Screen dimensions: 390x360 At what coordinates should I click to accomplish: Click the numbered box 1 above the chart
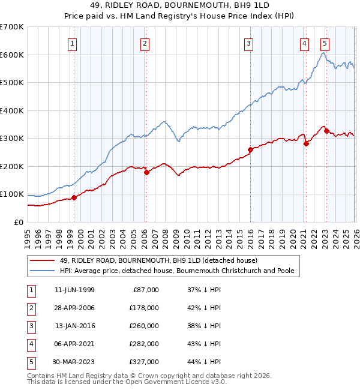[x=72, y=43]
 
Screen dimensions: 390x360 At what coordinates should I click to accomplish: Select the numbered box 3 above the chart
[x=248, y=43]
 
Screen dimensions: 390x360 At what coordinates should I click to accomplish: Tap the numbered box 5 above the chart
[x=325, y=43]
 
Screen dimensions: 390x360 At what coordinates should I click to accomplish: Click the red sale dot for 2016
[x=250, y=150]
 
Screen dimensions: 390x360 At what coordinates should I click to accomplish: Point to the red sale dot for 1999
[x=74, y=197]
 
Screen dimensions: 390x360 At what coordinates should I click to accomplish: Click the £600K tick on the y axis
[x=12, y=55]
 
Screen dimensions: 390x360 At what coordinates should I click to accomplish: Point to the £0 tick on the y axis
[x=19, y=222]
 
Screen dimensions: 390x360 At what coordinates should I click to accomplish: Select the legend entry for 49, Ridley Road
[x=158, y=260]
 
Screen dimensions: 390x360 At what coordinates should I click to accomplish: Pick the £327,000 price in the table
[x=145, y=362]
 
